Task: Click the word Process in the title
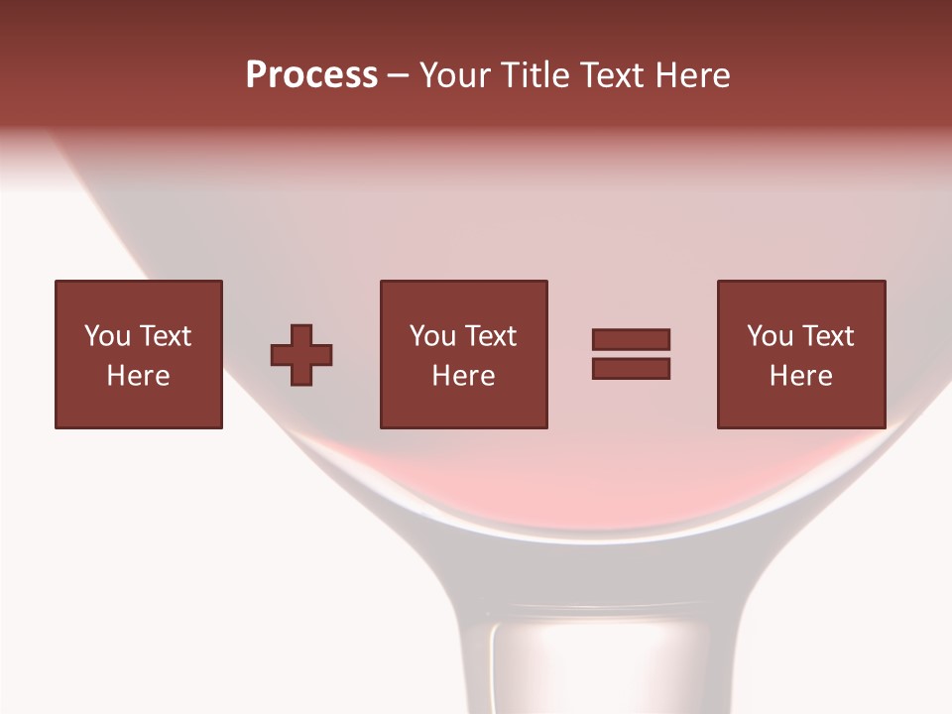[311, 75]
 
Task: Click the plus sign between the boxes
[301, 355]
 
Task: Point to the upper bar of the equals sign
[631, 339]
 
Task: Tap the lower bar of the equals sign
[631, 369]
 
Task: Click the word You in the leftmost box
[107, 336]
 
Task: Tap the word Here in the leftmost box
[138, 376]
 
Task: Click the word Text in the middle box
[491, 336]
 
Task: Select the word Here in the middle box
[463, 376]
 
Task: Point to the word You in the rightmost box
[770, 336]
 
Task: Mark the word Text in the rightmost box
[828, 336]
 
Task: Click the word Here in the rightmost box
[800, 376]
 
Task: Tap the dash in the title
[399, 76]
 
